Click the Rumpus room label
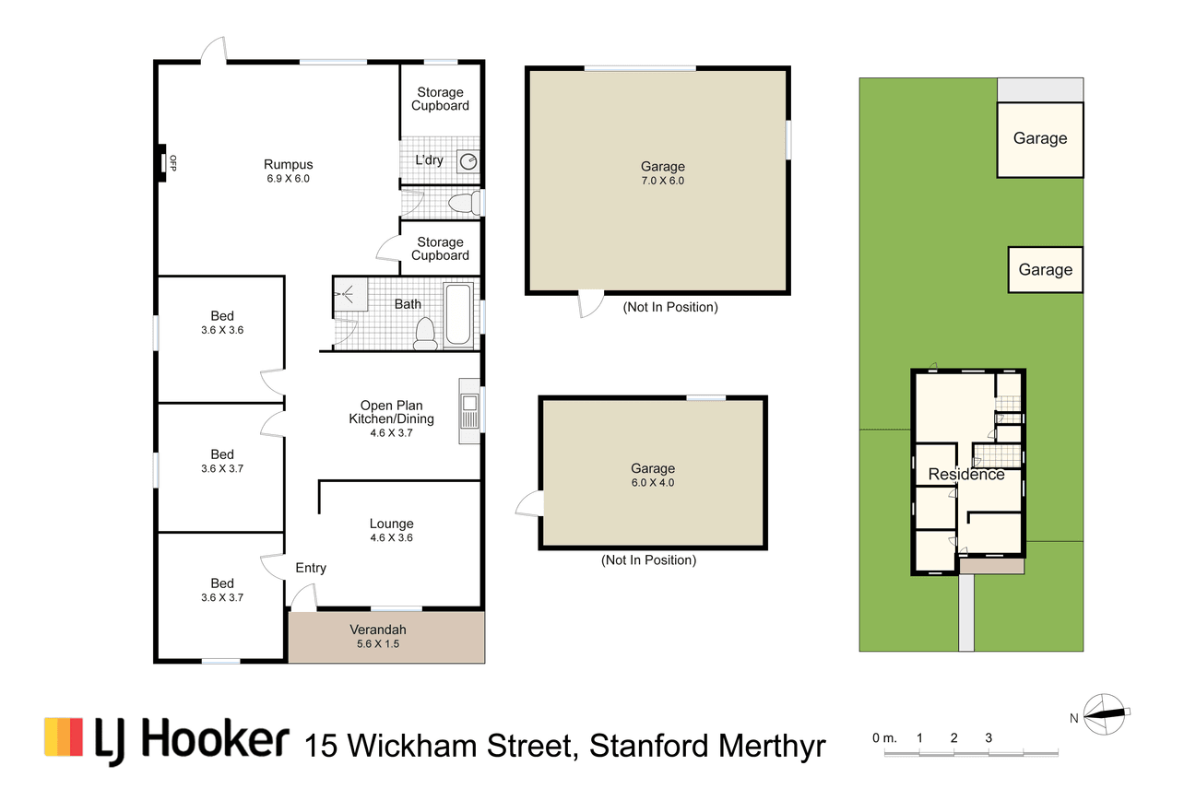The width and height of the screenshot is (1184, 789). pos(288,164)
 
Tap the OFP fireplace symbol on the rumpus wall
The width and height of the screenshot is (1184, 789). pos(162,163)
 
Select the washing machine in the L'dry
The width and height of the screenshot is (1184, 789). pos(468,161)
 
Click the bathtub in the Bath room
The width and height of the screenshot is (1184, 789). pos(457,315)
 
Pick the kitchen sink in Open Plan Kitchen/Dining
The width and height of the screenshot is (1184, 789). pos(469,411)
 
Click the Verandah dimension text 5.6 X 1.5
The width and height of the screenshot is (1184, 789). pos(378,643)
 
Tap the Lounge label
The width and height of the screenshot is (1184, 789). pos(391,524)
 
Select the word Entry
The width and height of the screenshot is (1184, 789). pos(311,568)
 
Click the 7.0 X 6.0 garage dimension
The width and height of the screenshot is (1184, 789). pos(663,181)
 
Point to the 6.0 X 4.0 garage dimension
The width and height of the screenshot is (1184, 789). pos(653,482)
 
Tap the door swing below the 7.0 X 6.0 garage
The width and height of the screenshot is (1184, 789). pos(591,304)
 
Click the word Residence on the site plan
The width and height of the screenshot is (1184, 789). pos(966,474)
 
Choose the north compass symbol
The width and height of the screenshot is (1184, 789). pos(1106,714)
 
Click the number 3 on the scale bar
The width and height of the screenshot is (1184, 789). pos(989,737)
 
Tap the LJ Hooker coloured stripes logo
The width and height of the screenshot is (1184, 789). pos(64,736)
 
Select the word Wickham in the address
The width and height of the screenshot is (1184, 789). pos(413,746)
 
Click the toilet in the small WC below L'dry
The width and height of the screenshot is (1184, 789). pos(464,203)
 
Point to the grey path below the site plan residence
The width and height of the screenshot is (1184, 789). pos(966,613)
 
